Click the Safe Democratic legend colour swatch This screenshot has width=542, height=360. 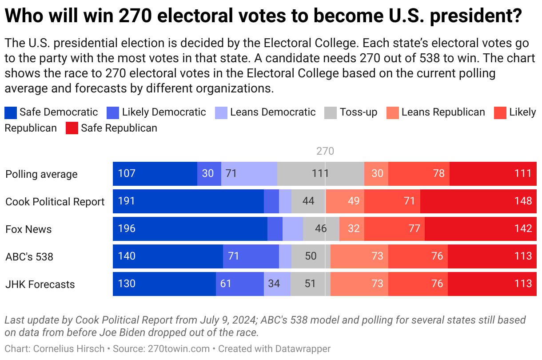[x=11, y=112]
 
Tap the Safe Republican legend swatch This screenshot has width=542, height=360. [x=72, y=128]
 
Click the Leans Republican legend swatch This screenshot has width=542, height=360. [x=393, y=112]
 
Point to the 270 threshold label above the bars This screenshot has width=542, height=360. [x=325, y=152]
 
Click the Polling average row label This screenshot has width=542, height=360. [x=41, y=174]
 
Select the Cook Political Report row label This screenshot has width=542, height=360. [x=55, y=202]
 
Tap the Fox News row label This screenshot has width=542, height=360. [x=28, y=229]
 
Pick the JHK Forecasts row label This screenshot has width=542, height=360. [x=40, y=284]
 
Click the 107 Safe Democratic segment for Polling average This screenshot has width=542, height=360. [x=155, y=174]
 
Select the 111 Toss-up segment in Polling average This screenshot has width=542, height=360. [x=320, y=174]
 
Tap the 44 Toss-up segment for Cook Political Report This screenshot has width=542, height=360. [x=308, y=201]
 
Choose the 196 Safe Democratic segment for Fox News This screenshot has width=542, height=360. [x=190, y=229]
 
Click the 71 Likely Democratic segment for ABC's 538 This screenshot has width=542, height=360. [x=251, y=256]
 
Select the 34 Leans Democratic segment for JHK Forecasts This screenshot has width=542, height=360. [x=277, y=284]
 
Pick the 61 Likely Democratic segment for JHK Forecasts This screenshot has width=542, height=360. [x=239, y=284]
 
